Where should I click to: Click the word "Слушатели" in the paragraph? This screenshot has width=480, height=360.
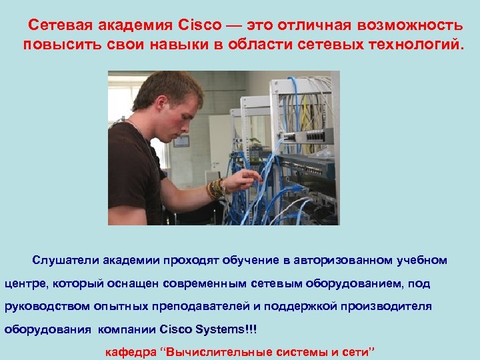pyautogui.click(x=62, y=260)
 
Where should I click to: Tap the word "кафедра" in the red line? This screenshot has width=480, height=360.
pyautogui.click(x=131, y=351)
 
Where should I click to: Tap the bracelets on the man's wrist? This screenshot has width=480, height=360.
pyautogui.click(x=216, y=189)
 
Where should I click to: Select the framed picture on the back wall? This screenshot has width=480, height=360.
pyautogui.click(x=181, y=141)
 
